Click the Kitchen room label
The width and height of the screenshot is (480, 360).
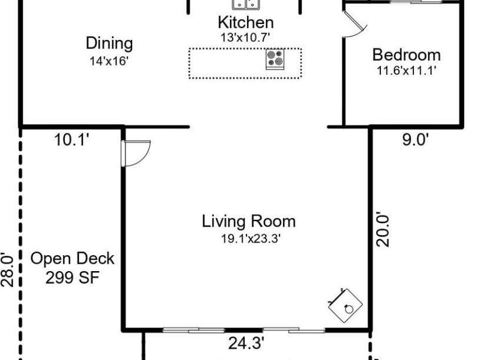point(245,22)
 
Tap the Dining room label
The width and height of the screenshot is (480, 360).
point(109,43)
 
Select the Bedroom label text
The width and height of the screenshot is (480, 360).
point(407,55)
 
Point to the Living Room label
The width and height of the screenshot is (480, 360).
point(249,221)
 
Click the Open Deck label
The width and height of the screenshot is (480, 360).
point(72,259)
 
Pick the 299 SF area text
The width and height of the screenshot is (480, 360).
point(72,278)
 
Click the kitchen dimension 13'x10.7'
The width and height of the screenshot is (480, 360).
point(245,38)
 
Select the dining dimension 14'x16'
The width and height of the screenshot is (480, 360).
point(109,61)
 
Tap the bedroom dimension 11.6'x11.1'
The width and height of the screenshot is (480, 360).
point(406,71)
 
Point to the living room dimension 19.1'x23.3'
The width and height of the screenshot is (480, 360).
point(251,239)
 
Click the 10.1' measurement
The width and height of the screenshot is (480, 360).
point(72,140)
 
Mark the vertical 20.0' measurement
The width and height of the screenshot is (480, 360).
point(383,230)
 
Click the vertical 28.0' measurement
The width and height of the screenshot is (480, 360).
point(7,269)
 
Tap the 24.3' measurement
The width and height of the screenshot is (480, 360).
point(246,343)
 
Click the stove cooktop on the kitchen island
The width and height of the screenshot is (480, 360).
point(275,59)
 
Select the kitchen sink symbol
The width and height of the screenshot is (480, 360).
point(246,5)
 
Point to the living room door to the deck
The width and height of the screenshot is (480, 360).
point(136,153)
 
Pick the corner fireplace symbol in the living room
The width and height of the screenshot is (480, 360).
point(345,305)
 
